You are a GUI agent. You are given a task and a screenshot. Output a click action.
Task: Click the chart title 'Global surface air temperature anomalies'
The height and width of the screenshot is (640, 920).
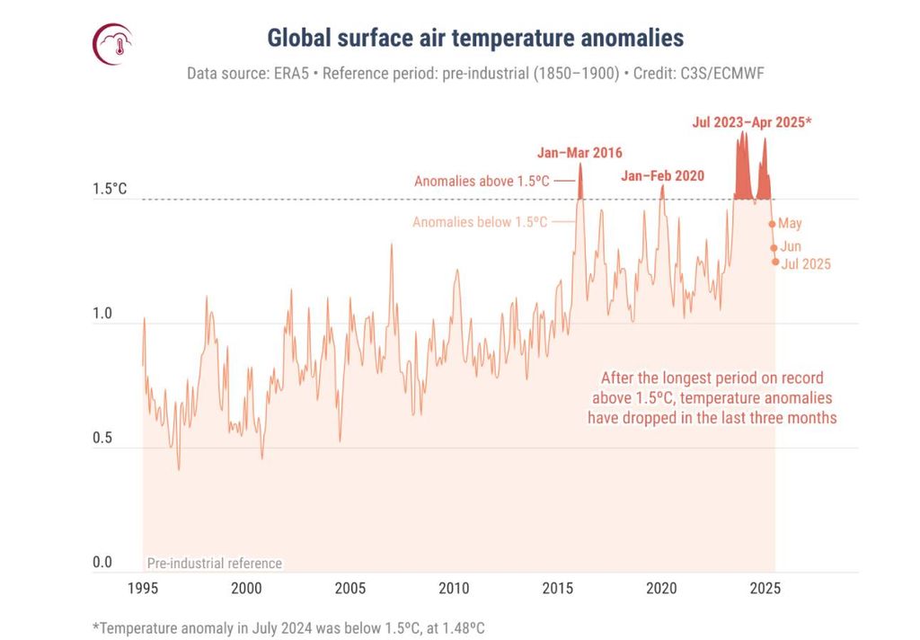tap(475, 38)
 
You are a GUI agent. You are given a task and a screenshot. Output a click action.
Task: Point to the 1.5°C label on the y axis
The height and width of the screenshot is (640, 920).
tap(110, 190)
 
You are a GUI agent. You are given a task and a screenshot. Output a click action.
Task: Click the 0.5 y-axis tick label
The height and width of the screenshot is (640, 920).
tap(102, 439)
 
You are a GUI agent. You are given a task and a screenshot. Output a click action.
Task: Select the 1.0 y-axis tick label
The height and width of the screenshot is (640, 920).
tap(102, 315)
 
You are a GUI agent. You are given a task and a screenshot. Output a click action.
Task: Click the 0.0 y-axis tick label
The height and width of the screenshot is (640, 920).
tap(102, 563)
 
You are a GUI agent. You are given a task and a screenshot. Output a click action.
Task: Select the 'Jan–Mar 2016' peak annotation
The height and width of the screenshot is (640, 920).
tap(579, 153)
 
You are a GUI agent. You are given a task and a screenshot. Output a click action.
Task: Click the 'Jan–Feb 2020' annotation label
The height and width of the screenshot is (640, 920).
tap(662, 176)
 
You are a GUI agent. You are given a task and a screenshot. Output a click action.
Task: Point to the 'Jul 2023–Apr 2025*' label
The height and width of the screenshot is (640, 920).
tap(751, 121)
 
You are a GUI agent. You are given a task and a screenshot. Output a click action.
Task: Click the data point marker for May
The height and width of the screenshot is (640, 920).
tap(772, 224)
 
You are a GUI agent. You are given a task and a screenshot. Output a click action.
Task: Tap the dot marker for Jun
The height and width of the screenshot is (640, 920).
tap(774, 248)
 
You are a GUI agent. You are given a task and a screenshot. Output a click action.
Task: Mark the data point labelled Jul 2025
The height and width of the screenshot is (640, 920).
tap(775, 262)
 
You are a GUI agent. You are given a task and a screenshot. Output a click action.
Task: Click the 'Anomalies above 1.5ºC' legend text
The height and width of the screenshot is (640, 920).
tap(481, 181)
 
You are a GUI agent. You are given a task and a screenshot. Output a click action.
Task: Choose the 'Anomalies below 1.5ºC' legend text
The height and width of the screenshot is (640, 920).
tap(480, 222)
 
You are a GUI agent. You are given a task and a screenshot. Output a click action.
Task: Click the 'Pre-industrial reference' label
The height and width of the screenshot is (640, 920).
tap(214, 564)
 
